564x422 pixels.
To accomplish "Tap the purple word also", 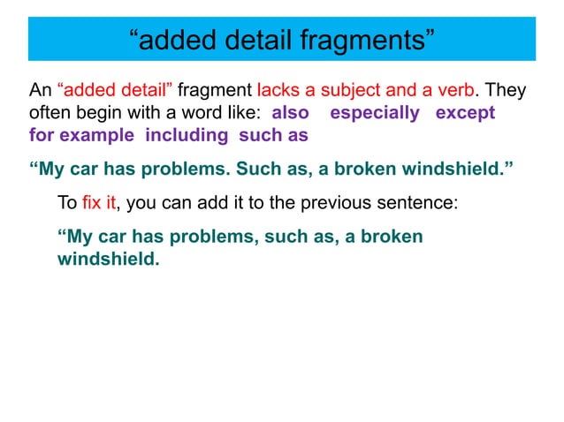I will [290, 114].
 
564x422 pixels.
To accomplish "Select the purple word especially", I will [375, 114].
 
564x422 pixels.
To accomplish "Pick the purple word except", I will [465, 114].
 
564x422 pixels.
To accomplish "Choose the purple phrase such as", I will [273, 137].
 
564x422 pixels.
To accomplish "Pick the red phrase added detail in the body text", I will [116, 91].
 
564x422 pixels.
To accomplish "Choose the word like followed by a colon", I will [244, 114].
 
